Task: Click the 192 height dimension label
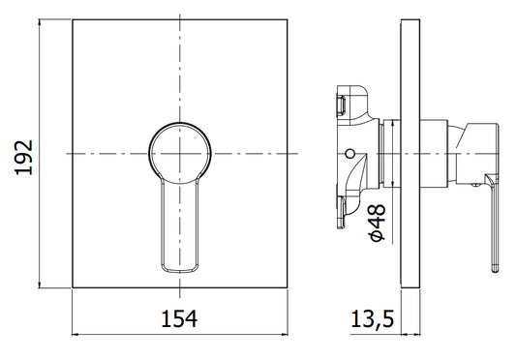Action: click(x=24, y=158)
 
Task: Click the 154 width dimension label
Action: click(x=179, y=318)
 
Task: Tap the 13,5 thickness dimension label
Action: click(x=372, y=318)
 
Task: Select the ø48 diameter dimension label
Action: click(x=377, y=223)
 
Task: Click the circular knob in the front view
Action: click(x=180, y=123)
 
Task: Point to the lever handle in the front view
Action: click(x=180, y=226)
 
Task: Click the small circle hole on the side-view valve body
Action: click(x=350, y=153)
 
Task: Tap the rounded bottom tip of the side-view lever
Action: click(x=496, y=270)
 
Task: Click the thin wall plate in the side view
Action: click(x=410, y=154)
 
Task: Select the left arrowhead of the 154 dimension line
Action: click(x=76, y=335)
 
